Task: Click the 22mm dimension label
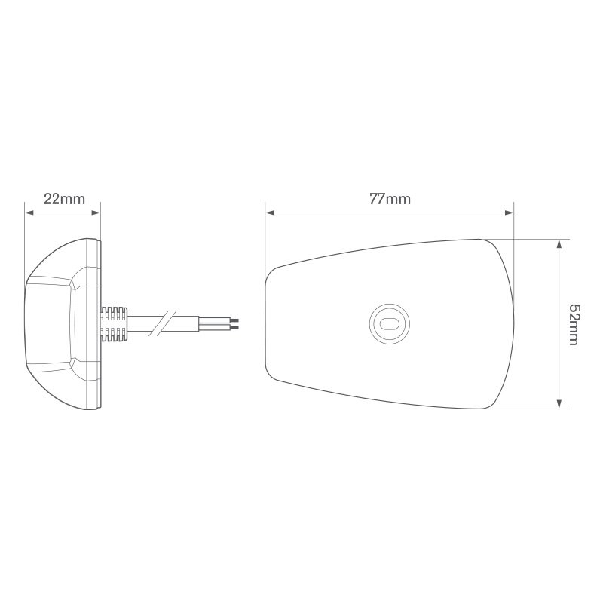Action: [x=64, y=199]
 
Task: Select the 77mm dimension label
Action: [x=390, y=199]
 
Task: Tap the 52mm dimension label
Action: [x=574, y=325]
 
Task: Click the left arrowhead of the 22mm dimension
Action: [x=29, y=213]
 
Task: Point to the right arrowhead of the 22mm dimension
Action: [x=96, y=213]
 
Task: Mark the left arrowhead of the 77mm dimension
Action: [x=270, y=213]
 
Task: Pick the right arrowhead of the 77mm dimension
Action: [x=509, y=213]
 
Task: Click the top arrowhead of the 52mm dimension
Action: [x=559, y=243]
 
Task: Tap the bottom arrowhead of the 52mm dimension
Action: [x=559, y=403]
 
